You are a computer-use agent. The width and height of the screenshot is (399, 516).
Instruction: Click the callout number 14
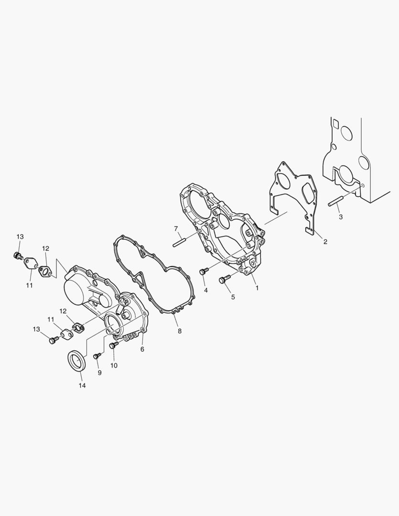tap(82, 386)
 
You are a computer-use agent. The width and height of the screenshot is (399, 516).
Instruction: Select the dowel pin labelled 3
tap(336, 202)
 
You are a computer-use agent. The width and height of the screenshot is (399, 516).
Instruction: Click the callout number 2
tap(325, 242)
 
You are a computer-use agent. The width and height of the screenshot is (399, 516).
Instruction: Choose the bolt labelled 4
tap(204, 271)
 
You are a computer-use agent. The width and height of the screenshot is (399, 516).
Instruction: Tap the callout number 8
tap(179, 332)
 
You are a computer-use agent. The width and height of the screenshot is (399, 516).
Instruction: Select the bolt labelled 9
tap(97, 356)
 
